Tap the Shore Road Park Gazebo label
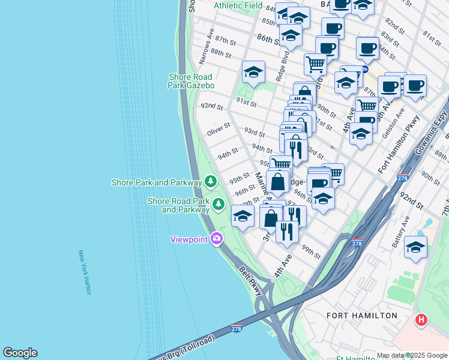click(191, 81)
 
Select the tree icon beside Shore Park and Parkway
click(210, 181)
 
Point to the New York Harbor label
click(84, 272)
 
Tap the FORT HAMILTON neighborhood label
click(361, 315)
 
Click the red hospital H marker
click(421, 320)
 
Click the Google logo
click(20, 353)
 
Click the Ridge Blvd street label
click(281, 67)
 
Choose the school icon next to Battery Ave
click(415, 247)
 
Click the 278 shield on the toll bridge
click(237, 328)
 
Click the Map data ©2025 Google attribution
click(412, 355)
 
